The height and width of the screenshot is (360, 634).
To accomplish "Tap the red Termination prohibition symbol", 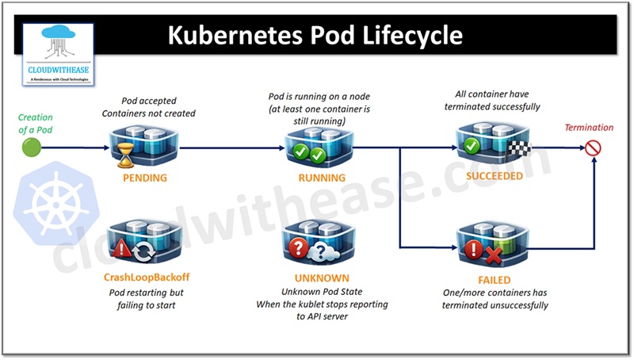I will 593,147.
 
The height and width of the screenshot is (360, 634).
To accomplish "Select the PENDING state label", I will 145,178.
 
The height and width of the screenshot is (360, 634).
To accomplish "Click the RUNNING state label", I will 322,178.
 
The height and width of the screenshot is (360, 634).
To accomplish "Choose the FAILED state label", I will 495,280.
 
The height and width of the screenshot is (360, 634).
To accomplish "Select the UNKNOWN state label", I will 321,278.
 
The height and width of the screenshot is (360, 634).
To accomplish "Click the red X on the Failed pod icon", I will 494,254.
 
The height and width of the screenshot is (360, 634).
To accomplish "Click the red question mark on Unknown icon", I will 300,249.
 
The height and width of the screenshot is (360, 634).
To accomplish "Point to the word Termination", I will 588,128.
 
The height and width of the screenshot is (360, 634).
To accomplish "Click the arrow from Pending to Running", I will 230,147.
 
